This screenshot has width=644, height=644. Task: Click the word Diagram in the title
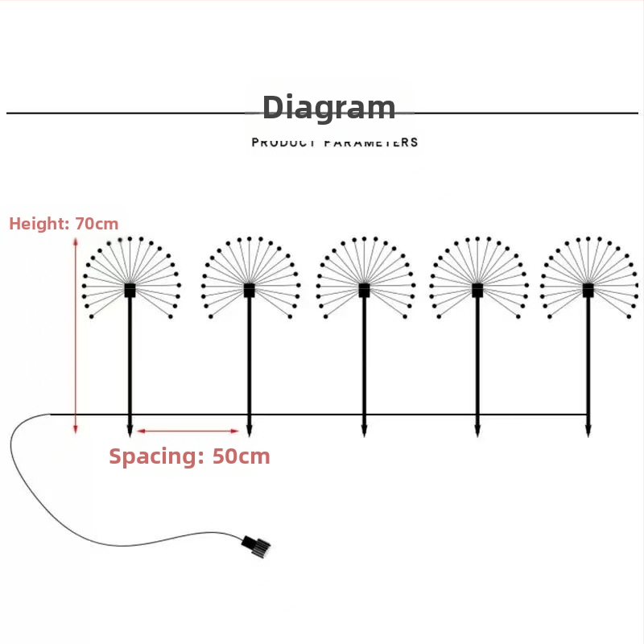(328, 108)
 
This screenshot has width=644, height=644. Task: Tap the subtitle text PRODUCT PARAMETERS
(335, 142)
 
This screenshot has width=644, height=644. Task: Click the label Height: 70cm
(64, 224)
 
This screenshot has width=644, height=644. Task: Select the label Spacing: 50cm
(189, 456)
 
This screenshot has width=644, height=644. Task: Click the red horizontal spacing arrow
(188, 431)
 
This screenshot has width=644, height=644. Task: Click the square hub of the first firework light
(130, 290)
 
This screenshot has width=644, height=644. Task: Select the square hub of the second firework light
(249, 290)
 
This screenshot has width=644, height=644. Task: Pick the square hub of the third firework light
(364, 290)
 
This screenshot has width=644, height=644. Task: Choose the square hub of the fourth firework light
(477, 290)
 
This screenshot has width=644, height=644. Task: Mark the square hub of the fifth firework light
(588, 290)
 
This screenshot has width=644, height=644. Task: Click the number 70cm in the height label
(97, 224)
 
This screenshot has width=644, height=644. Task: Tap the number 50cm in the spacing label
(241, 456)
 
